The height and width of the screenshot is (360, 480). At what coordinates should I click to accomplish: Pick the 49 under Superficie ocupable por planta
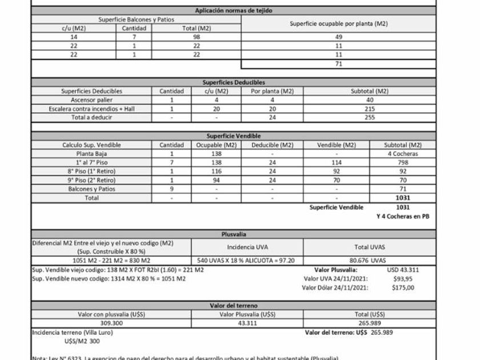tap(339, 37)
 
